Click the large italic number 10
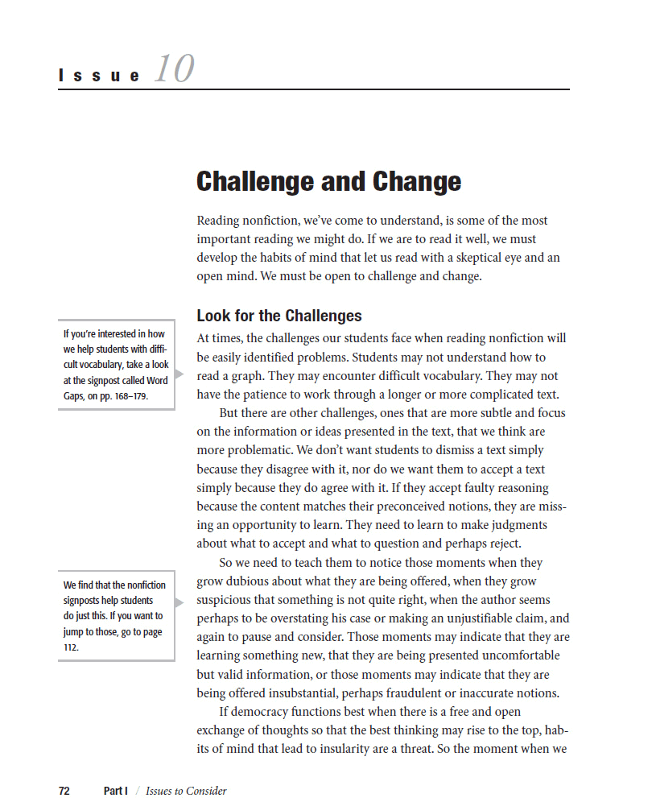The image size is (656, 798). point(174,68)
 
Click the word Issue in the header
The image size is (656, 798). point(100,76)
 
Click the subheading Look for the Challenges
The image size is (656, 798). point(279,316)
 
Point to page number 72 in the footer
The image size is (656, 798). point(64,791)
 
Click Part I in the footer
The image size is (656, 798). point(115,791)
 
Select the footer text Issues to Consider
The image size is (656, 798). point(186,791)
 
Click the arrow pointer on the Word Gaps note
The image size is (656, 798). point(179,374)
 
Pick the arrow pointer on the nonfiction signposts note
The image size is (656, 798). point(179,602)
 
